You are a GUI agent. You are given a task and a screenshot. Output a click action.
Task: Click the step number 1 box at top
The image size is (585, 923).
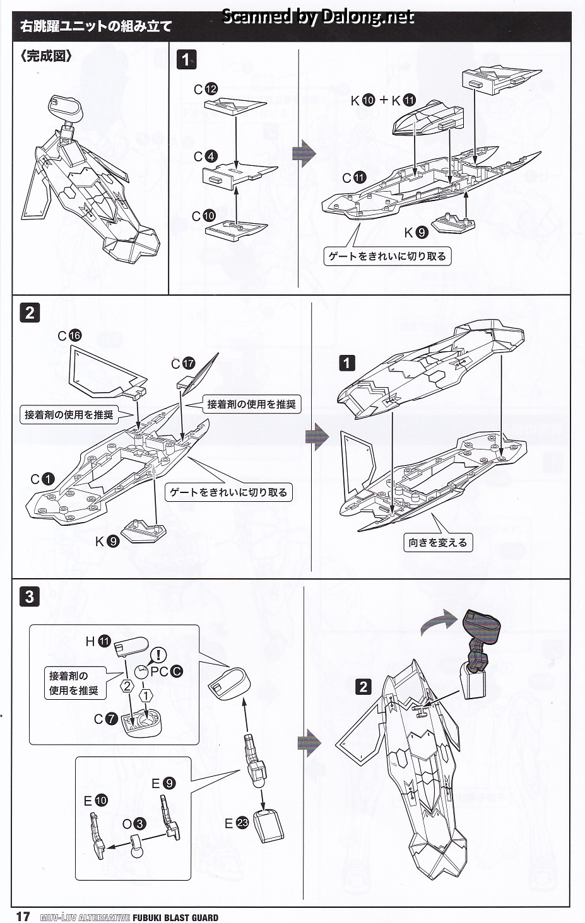(x=186, y=60)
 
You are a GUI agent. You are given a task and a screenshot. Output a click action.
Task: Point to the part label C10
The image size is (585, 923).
(x=204, y=216)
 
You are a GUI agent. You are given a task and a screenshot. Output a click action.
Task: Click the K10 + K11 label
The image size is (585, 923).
(x=384, y=100)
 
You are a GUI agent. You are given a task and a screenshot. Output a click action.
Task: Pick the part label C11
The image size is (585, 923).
(x=354, y=178)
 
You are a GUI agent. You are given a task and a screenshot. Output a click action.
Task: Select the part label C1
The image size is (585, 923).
(x=43, y=479)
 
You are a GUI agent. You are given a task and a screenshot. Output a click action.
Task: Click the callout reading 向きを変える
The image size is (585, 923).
(x=438, y=542)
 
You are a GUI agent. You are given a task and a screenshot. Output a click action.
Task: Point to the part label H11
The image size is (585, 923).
(x=98, y=641)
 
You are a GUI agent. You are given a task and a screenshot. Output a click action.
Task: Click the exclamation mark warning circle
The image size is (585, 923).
(x=158, y=654)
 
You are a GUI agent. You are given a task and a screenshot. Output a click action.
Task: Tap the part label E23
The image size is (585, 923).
(x=236, y=823)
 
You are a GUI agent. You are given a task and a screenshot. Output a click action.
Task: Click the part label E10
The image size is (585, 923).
(x=95, y=801)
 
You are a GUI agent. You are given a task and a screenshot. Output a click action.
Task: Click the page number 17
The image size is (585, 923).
(x=23, y=915)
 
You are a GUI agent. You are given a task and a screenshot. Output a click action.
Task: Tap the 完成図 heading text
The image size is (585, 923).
(x=46, y=56)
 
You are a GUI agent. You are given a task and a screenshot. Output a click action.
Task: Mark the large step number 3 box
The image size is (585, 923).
(x=30, y=596)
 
